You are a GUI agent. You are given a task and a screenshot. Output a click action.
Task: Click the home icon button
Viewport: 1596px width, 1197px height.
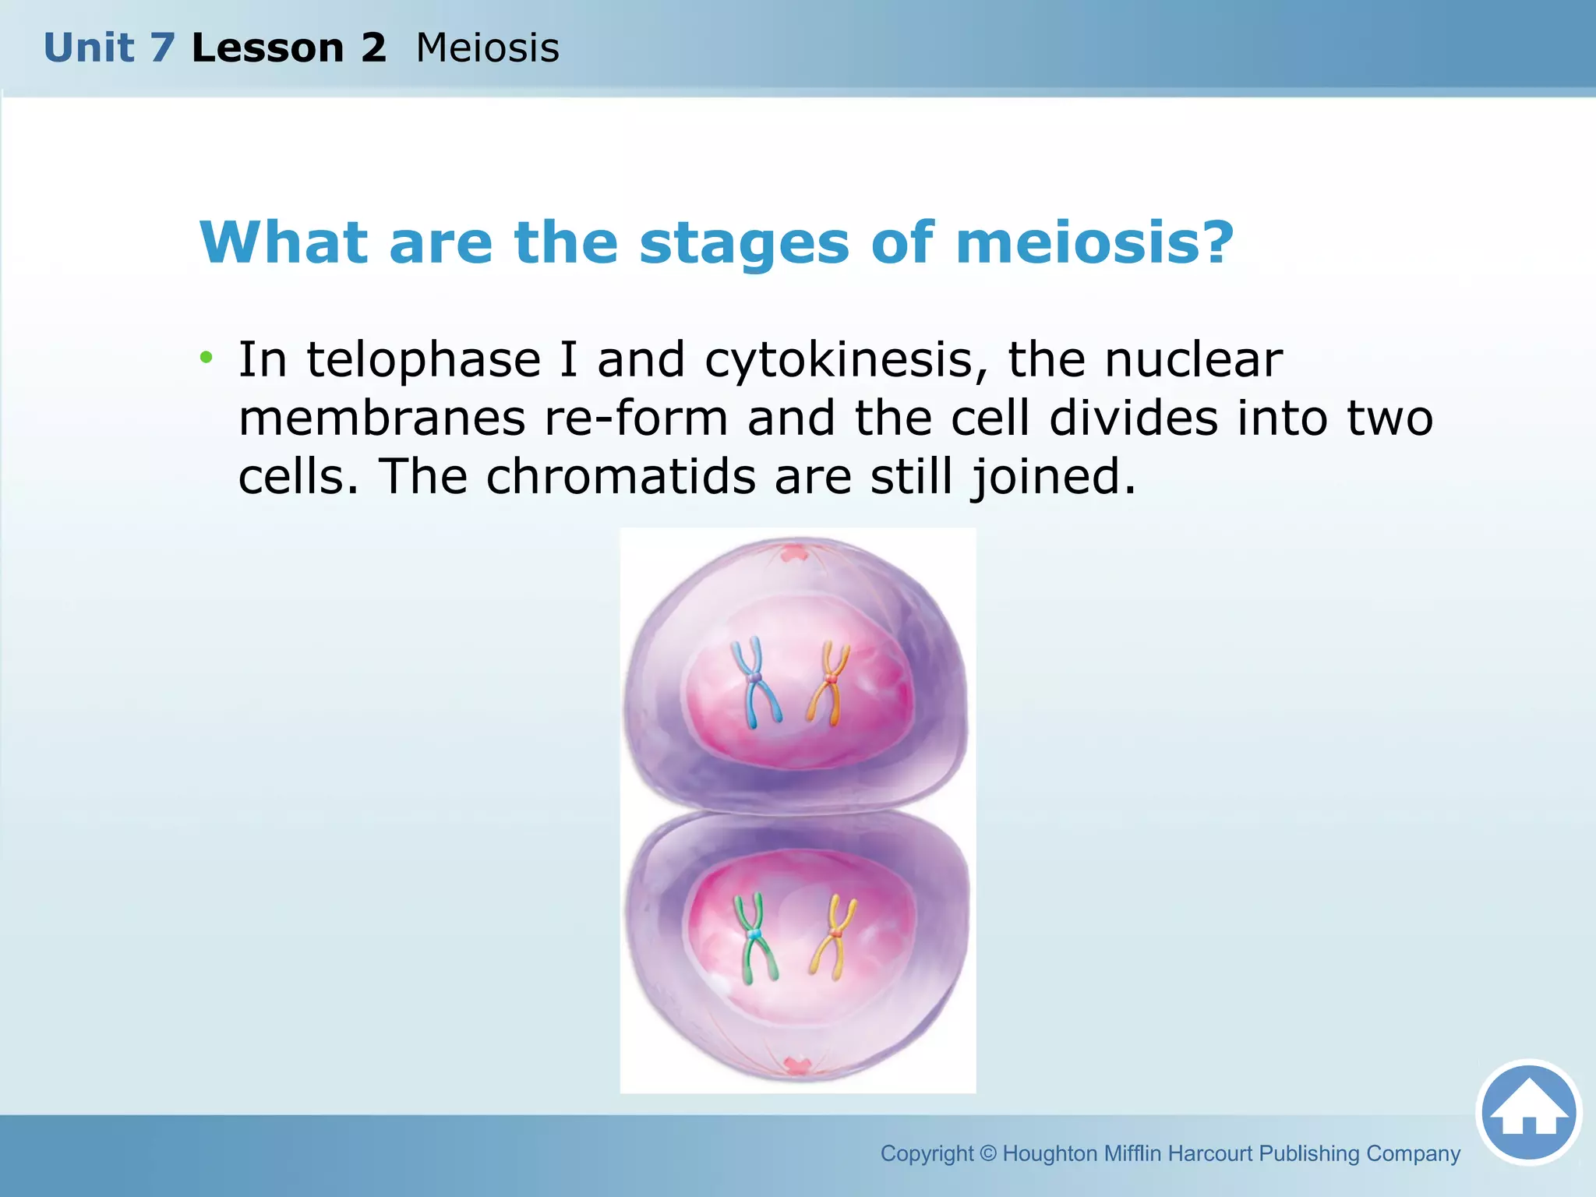pyautogui.click(x=1528, y=1112)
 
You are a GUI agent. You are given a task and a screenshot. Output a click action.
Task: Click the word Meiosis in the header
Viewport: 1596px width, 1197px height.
pyautogui.click(x=487, y=48)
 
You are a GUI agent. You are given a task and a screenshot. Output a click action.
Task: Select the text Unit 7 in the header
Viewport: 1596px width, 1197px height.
pyautogui.click(x=108, y=48)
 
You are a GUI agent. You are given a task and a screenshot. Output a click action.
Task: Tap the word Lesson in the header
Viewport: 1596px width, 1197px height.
pyautogui.click(x=267, y=48)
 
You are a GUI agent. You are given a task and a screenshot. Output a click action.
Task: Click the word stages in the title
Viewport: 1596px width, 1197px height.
pyautogui.click(x=743, y=243)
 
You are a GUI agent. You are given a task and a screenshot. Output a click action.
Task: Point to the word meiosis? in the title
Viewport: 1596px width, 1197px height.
pyautogui.click(x=1094, y=243)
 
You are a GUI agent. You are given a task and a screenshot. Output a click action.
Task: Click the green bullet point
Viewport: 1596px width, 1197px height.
pyautogui.click(x=206, y=358)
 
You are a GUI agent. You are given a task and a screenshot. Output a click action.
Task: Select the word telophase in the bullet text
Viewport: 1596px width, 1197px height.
pyautogui.click(x=423, y=361)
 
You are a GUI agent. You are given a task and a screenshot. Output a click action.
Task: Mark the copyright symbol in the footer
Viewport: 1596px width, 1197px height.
pyautogui.click(x=987, y=1153)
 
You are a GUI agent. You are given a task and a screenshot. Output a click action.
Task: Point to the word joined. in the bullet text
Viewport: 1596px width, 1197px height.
pyautogui.click(x=1053, y=476)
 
